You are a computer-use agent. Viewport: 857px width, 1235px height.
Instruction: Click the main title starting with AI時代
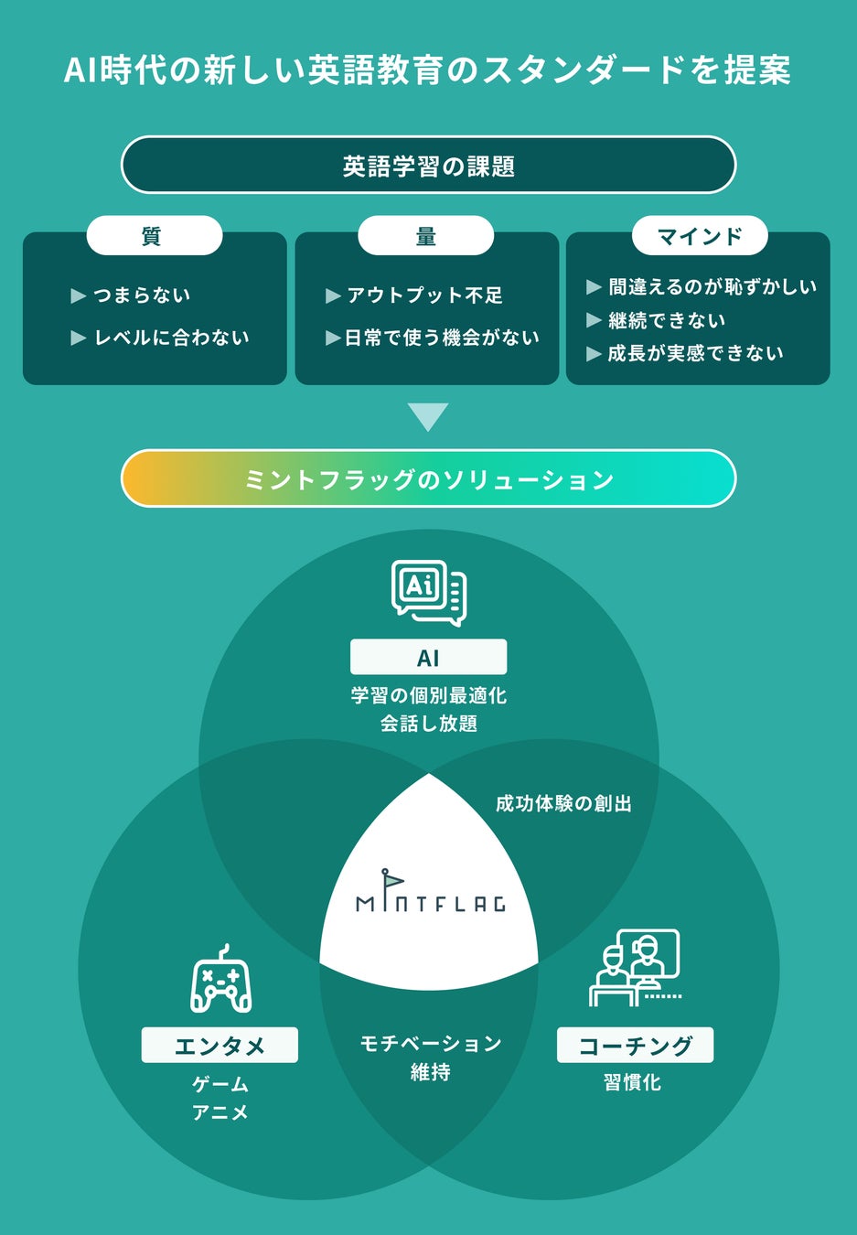[427, 70]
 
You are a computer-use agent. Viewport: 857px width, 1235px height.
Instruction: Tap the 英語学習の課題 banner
[428, 166]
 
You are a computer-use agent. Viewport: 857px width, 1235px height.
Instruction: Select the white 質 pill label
[154, 236]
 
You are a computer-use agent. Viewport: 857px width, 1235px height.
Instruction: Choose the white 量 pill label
[425, 236]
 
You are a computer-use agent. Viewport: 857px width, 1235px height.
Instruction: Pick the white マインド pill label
[700, 236]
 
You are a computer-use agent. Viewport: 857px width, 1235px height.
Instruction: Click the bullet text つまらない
[142, 295]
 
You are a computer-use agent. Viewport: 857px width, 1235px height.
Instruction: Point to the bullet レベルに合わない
[171, 338]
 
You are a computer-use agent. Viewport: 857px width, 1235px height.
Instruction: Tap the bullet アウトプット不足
[424, 295]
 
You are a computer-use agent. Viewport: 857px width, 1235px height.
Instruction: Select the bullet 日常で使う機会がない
[441, 338]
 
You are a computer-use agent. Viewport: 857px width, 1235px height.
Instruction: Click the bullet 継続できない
[667, 320]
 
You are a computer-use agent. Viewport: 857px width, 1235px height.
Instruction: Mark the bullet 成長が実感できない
[695, 353]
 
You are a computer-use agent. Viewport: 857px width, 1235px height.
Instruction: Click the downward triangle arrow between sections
[428, 416]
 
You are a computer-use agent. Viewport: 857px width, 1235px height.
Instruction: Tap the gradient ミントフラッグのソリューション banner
[428, 478]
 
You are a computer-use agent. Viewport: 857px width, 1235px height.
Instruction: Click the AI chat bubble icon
[428, 592]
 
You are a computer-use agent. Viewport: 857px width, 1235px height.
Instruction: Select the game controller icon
[220, 980]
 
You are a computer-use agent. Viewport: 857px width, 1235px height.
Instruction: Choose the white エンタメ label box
[220, 1045]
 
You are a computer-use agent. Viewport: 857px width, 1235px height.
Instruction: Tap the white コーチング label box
[635, 1045]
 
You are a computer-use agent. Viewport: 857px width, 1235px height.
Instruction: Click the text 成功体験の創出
[563, 803]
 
